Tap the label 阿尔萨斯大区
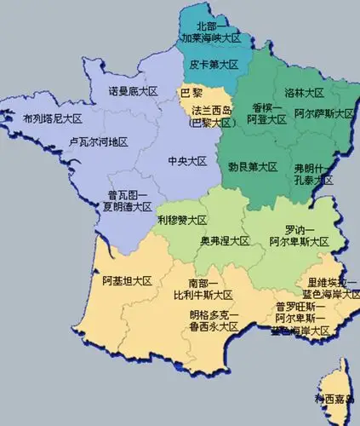point(325,112)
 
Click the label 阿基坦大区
point(126,281)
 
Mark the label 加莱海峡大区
point(211,39)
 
